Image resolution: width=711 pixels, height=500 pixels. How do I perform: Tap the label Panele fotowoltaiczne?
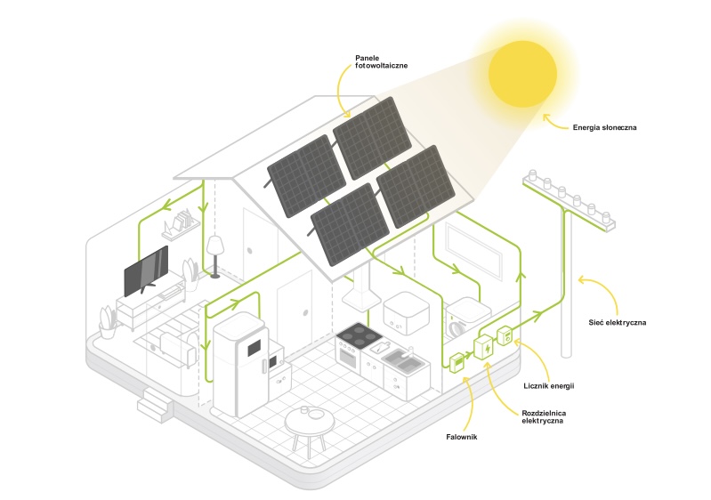[377, 60]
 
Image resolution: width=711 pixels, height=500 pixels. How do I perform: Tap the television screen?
[144, 270]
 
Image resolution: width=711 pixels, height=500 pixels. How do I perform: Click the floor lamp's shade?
[214, 245]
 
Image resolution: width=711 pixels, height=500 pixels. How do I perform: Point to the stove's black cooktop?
[360, 335]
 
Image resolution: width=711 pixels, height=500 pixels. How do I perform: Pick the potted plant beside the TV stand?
[108, 323]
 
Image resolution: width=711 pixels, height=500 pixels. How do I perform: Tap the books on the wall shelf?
[182, 218]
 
